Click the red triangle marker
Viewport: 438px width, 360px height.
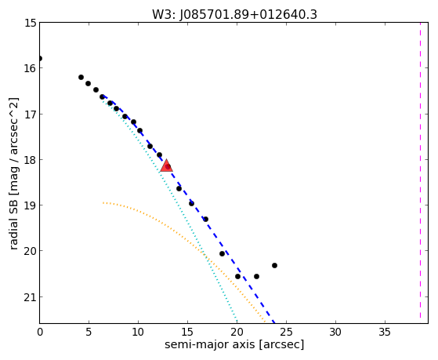[166, 165]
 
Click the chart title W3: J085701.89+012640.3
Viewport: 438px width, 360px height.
[234, 15]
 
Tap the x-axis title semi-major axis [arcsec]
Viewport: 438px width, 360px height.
[234, 344]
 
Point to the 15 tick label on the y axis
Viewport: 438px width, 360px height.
[31, 23]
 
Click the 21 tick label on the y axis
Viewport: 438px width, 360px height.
[31, 297]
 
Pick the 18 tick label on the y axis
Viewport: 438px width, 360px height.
[31, 160]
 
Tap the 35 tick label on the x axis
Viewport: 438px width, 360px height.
[385, 332]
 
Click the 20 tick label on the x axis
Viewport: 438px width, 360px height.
[237, 332]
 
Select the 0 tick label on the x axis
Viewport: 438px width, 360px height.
[40, 332]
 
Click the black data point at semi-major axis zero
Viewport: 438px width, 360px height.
[40, 59]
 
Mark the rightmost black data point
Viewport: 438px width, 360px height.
[274, 265]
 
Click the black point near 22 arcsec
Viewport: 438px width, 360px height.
[256, 276]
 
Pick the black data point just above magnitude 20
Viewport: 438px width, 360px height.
[222, 253]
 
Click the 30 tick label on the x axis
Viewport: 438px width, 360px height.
[335, 332]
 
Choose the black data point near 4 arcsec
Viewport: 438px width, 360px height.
[81, 77]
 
